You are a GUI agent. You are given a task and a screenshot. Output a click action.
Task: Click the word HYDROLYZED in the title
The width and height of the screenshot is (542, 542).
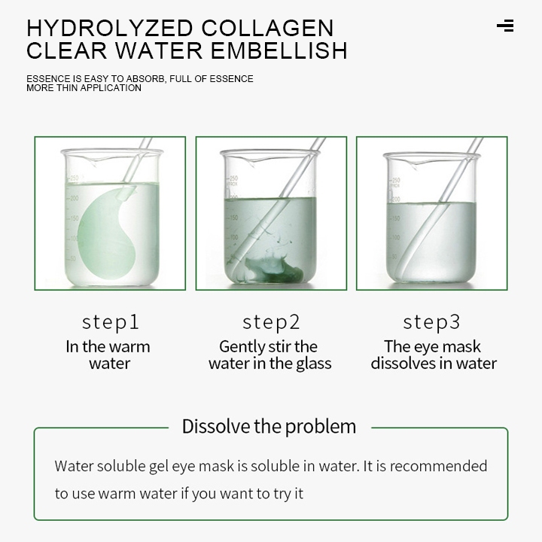[x=110, y=28]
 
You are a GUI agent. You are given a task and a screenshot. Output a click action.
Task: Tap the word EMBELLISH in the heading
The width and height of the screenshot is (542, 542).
[x=279, y=50]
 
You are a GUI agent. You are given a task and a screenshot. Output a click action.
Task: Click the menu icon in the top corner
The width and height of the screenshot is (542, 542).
[x=505, y=26]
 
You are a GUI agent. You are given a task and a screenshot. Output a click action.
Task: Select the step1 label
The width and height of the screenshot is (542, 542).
[x=110, y=322]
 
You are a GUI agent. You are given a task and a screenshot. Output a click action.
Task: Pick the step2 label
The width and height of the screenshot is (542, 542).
[x=271, y=322]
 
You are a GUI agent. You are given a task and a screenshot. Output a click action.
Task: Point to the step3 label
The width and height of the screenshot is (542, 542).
[x=431, y=322]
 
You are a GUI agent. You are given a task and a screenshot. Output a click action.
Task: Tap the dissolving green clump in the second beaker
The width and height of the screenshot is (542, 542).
[x=273, y=269]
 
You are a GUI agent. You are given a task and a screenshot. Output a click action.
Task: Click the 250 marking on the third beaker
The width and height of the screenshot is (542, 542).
[x=396, y=180]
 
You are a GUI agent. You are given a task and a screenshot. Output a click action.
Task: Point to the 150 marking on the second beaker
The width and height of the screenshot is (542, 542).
[x=233, y=218]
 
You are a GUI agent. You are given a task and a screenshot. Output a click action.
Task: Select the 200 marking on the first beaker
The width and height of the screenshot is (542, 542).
[x=74, y=198]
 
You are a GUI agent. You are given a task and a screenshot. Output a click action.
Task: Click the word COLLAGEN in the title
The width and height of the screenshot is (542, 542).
[x=267, y=28]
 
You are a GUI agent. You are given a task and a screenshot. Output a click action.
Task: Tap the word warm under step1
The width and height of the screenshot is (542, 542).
[x=132, y=347]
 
